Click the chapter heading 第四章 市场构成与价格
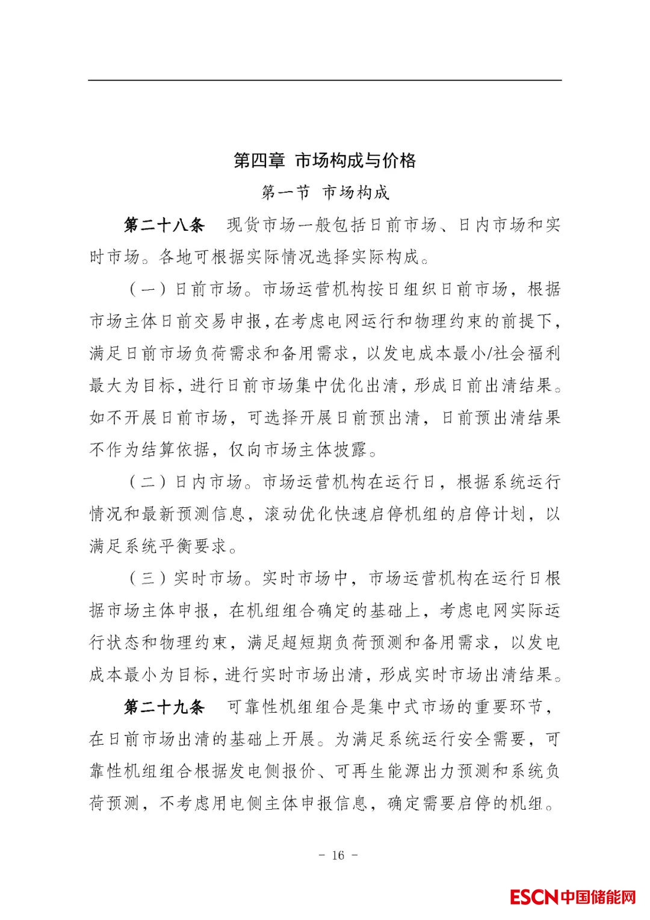pos(324,161)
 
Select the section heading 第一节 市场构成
pos(325,193)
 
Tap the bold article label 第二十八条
pos(164,225)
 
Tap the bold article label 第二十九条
pos(164,707)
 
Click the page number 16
pos(337,855)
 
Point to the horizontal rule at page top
pos(324,80)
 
